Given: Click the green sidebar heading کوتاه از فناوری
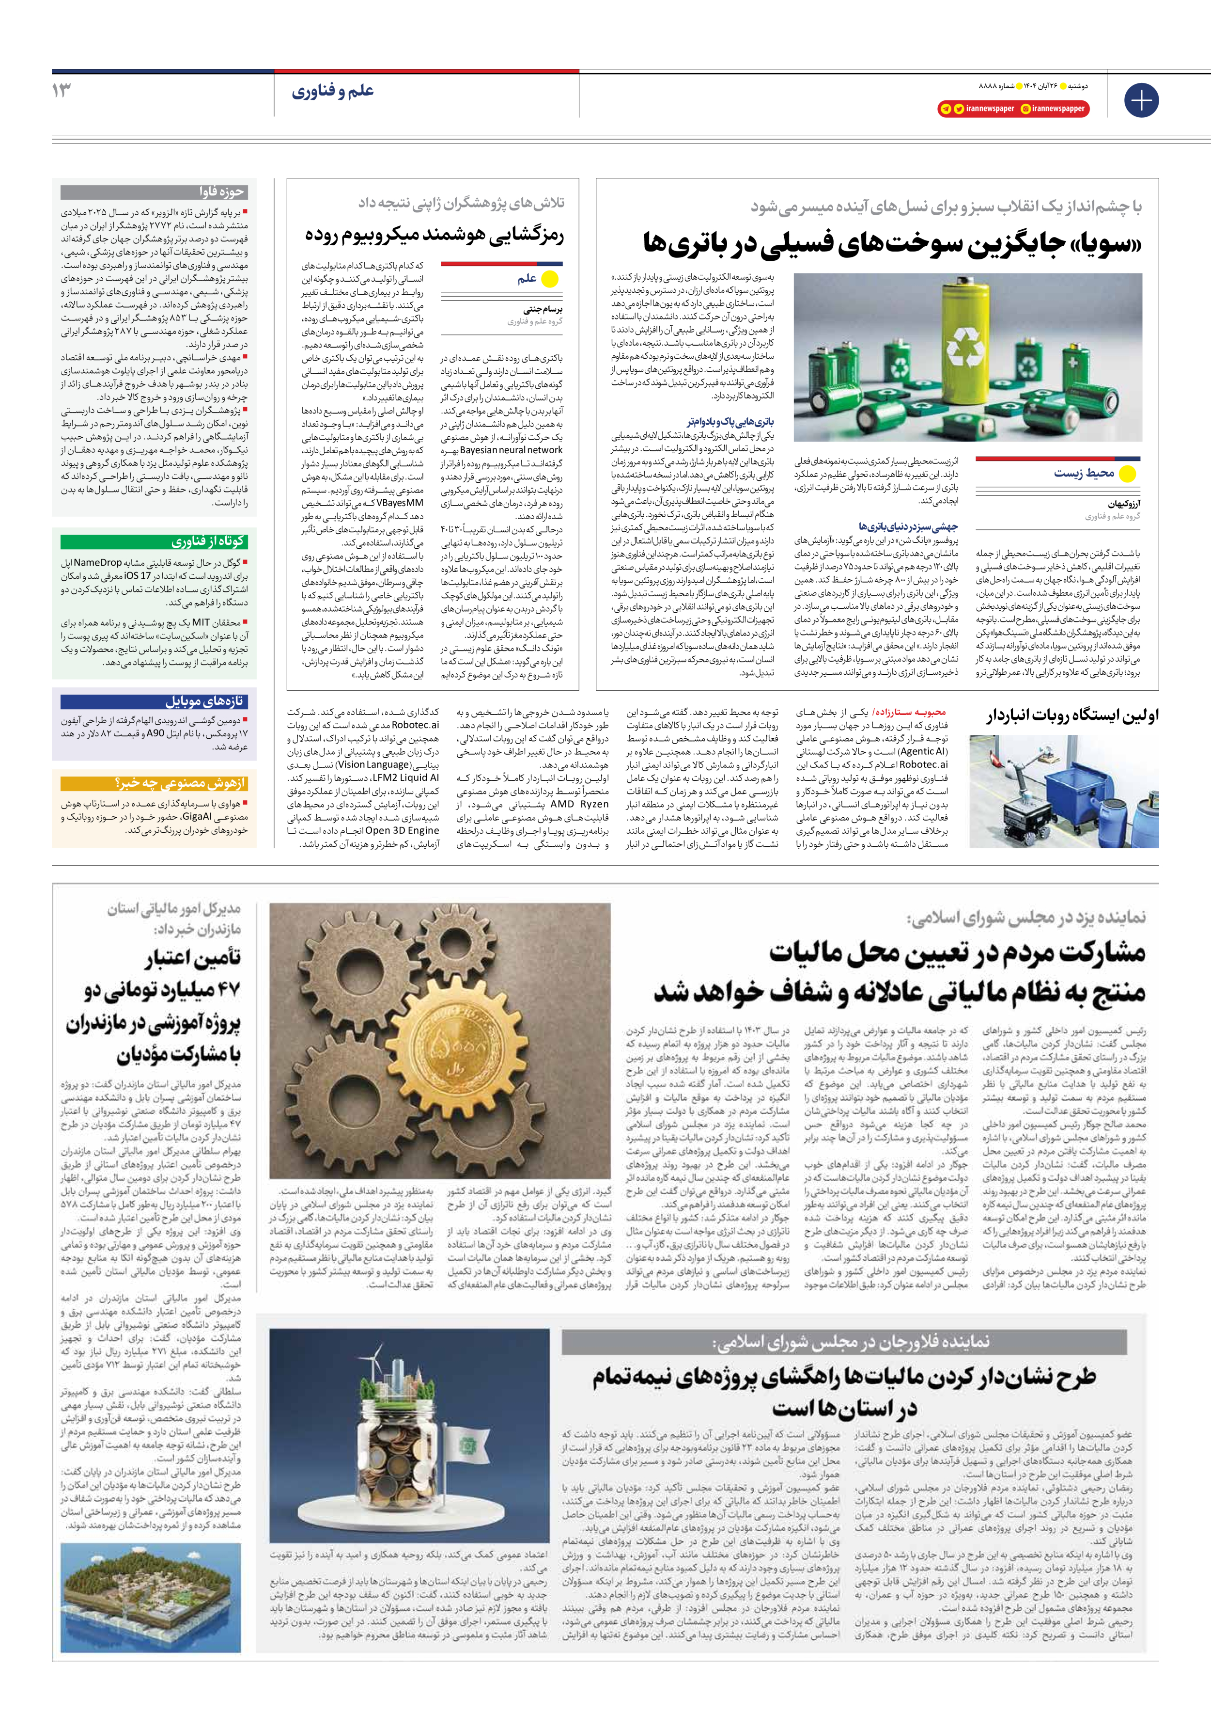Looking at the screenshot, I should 207,541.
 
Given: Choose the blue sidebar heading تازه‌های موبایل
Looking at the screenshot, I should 204,701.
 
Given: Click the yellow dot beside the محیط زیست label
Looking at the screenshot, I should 1127,474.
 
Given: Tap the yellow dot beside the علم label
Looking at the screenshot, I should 550,279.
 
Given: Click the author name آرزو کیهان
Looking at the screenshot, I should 1124,504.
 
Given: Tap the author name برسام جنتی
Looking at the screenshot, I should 543,309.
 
